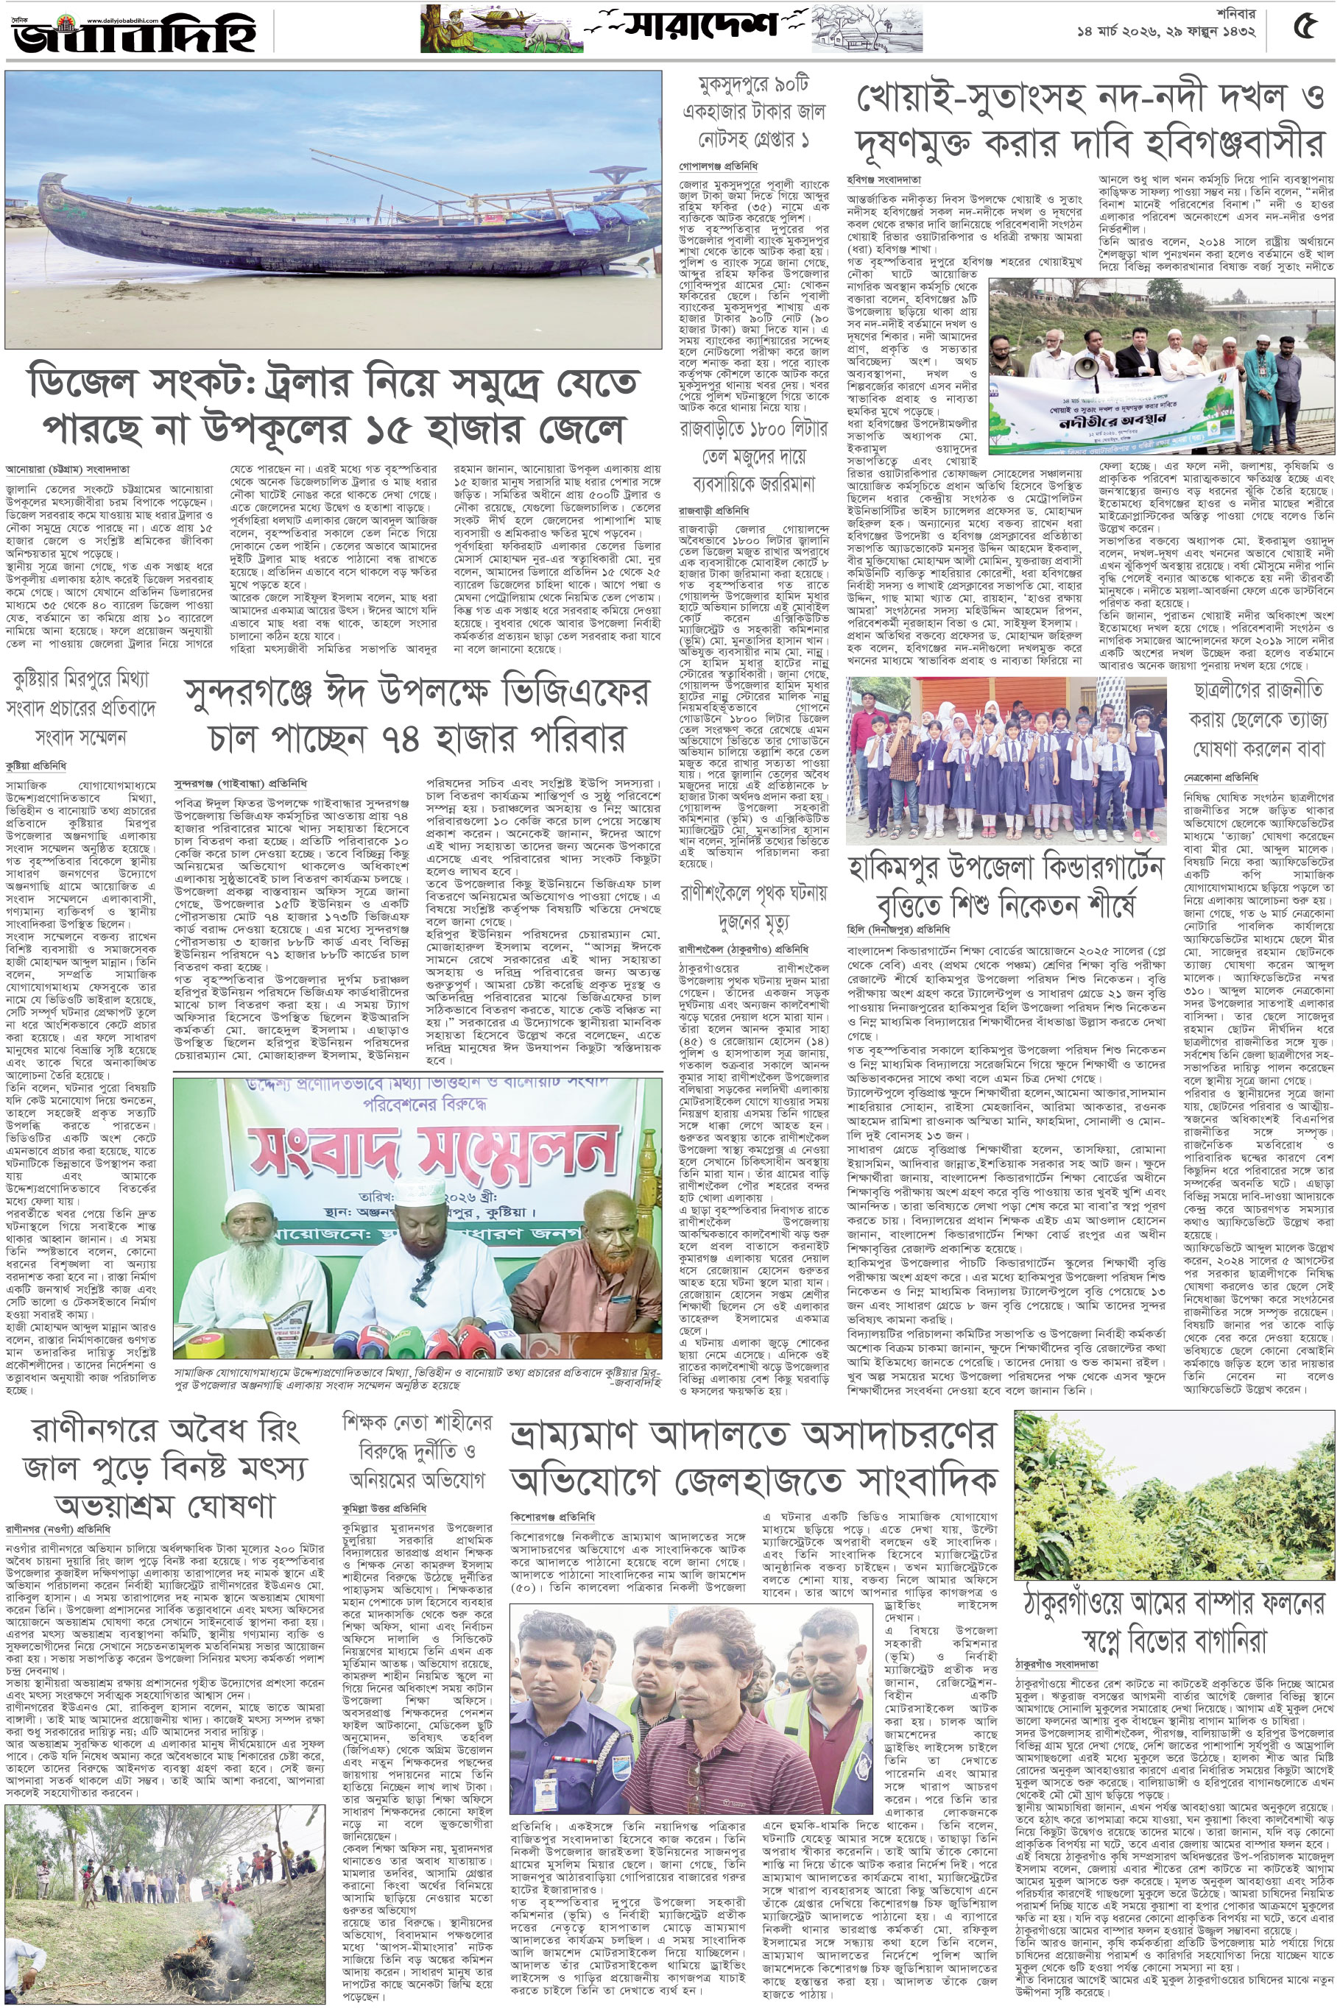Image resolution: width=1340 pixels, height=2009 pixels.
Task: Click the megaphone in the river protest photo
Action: coord(1085,367)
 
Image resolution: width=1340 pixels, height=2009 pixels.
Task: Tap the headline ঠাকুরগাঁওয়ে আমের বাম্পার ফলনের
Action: coord(1174,1606)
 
